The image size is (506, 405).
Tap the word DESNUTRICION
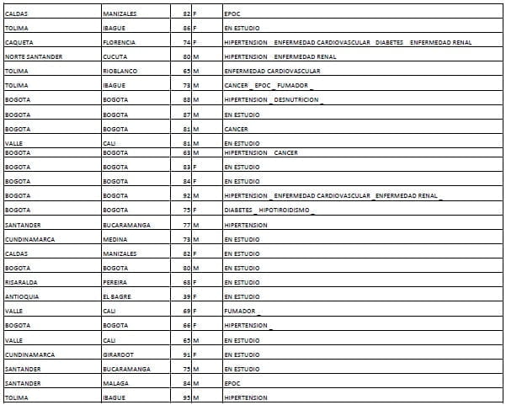coord(297,99)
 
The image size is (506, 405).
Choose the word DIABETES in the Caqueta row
coord(390,42)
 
